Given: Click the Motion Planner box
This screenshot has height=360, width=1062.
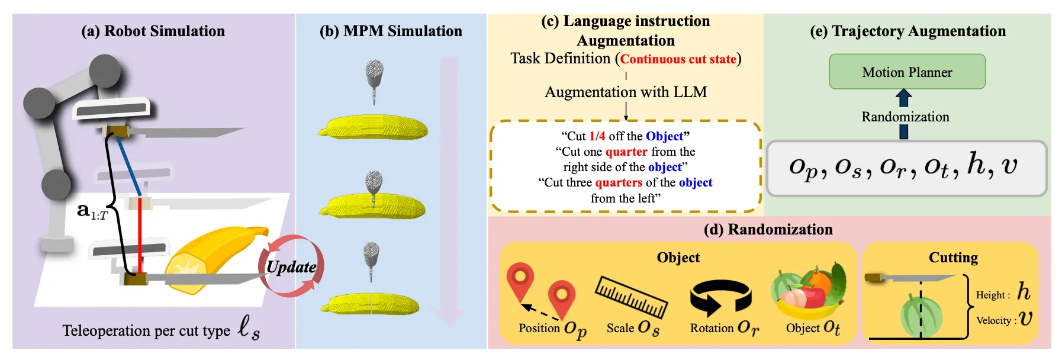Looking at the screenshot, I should (907, 72).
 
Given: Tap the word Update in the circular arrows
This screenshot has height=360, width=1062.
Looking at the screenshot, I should (291, 266).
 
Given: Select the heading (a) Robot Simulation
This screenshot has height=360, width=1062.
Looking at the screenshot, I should (153, 31).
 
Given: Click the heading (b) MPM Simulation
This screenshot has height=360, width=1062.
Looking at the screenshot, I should (391, 31).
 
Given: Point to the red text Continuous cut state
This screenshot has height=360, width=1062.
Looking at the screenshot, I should (678, 59).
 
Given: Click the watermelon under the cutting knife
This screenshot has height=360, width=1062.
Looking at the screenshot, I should (921, 316).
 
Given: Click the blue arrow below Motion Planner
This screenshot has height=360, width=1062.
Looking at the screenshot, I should (903, 98).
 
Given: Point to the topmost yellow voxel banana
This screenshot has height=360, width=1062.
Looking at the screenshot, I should (374, 127).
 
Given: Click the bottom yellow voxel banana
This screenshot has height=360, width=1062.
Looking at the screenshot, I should (371, 304).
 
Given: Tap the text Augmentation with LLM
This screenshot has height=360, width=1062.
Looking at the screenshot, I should (626, 92).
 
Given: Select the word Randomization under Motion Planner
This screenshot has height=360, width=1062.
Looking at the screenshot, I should (905, 117).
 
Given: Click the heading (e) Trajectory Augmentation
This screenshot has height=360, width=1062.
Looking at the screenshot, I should (907, 31).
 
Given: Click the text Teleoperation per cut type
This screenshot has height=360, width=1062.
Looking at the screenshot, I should (146, 330).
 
